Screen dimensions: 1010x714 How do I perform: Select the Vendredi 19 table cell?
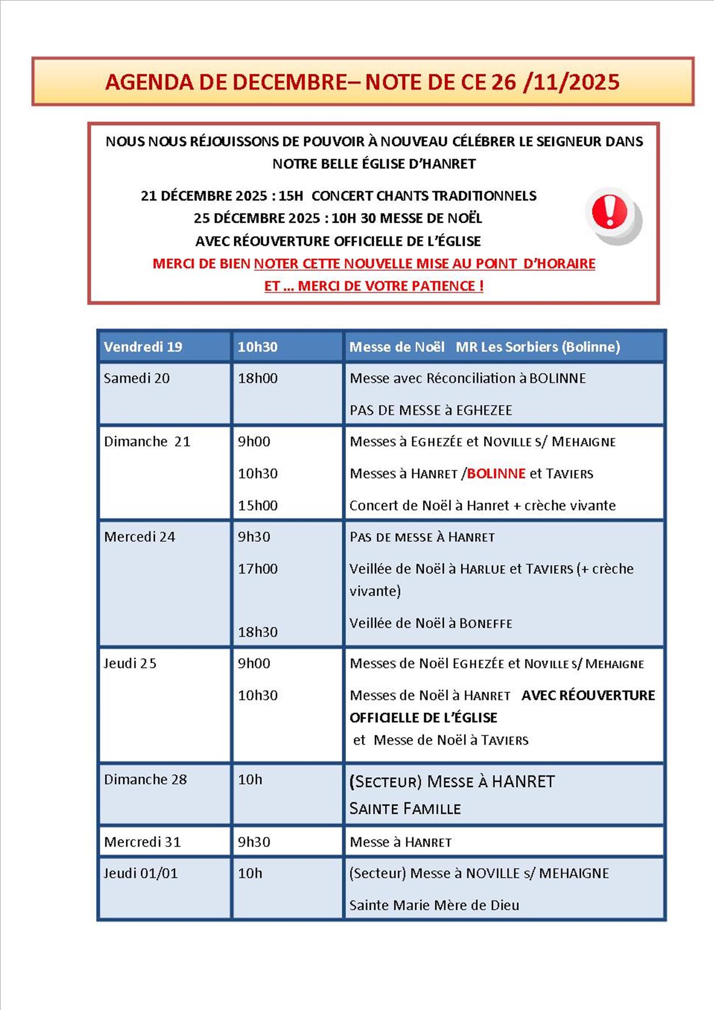(143, 347)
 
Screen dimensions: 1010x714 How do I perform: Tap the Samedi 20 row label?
(136, 378)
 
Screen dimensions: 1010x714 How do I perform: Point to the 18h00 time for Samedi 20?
(257, 378)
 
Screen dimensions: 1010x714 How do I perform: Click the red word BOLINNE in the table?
(496, 474)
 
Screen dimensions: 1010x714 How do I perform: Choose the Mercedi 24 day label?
(139, 537)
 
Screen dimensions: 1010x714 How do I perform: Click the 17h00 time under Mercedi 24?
(257, 569)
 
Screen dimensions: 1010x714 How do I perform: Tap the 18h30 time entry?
(257, 632)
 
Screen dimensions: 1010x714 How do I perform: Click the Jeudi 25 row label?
(130, 663)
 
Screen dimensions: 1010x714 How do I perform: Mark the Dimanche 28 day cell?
(145, 780)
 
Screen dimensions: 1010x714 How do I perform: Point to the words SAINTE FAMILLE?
(405, 809)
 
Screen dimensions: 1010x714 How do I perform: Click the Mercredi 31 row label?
(142, 842)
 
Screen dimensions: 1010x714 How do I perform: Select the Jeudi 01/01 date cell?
(140, 874)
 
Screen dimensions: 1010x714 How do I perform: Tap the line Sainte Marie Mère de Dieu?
(434, 905)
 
